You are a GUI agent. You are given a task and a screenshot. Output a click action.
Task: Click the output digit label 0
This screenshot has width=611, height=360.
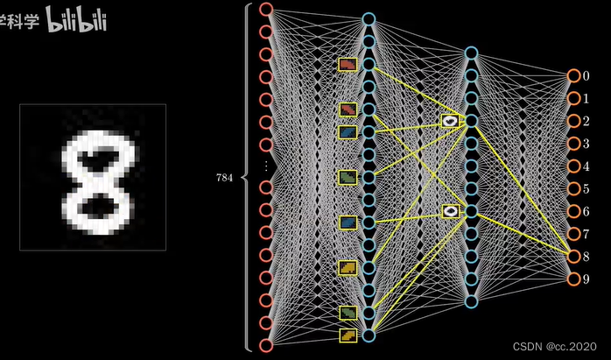pyautogui.click(x=587, y=76)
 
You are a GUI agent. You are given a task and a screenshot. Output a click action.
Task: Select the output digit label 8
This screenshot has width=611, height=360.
pyautogui.click(x=587, y=257)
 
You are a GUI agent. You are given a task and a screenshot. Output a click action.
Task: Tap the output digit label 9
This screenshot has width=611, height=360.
pyautogui.click(x=587, y=279)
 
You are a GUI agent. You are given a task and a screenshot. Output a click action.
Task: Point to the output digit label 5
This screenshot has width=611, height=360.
pyautogui.click(x=587, y=189)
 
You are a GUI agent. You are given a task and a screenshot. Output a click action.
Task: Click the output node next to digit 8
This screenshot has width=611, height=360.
pyautogui.click(x=573, y=257)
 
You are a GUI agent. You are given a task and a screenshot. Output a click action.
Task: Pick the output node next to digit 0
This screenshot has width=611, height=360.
pyautogui.click(x=573, y=76)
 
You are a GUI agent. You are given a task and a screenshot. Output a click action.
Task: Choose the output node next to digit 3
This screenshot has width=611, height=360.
pyautogui.click(x=573, y=144)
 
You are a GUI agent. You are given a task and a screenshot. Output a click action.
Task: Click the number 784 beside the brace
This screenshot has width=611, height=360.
pyautogui.click(x=225, y=177)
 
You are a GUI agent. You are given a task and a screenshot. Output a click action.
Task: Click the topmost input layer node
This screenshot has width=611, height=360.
pyautogui.click(x=266, y=9)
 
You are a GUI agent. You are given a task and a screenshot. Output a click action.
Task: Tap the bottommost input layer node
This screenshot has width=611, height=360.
pyautogui.click(x=266, y=346)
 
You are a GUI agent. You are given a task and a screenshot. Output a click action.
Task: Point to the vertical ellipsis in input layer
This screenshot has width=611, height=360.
pyautogui.click(x=266, y=166)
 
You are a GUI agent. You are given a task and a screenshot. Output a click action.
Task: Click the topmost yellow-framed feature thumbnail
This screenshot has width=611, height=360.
pyautogui.click(x=348, y=65)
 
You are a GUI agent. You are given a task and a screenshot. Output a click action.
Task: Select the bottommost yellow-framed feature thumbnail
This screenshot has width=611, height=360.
pyautogui.click(x=348, y=335)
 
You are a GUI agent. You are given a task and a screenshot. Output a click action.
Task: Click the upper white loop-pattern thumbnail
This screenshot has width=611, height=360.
pyautogui.click(x=450, y=121)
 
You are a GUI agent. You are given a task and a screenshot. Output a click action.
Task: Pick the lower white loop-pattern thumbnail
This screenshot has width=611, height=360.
pyautogui.click(x=450, y=211)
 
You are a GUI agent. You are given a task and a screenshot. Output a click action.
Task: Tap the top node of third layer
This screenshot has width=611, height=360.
pyautogui.click(x=471, y=53)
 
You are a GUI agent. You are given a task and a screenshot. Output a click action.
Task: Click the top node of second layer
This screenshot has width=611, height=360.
pyautogui.click(x=369, y=18)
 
